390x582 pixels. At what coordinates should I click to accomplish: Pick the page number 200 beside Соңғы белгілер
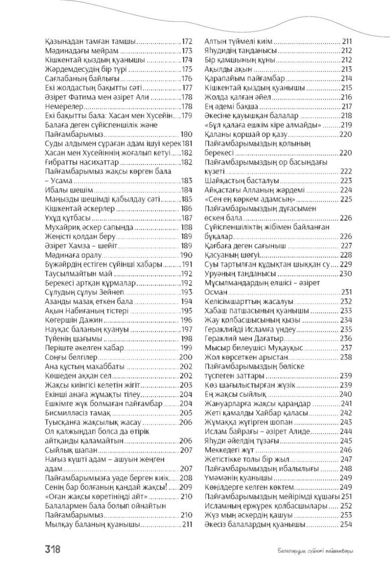click(x=187, y=356)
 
